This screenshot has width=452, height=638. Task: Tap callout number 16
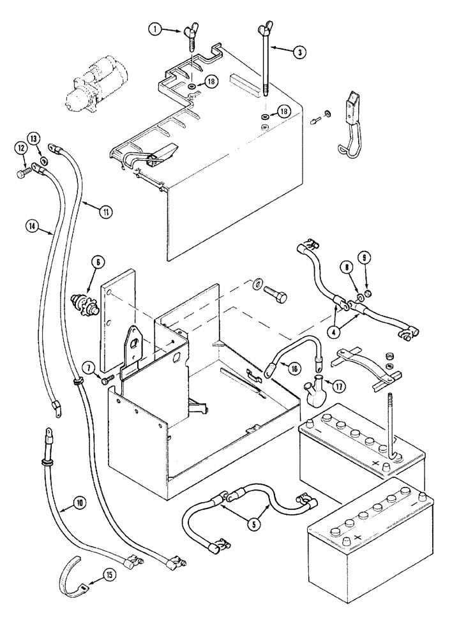[293, 368]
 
